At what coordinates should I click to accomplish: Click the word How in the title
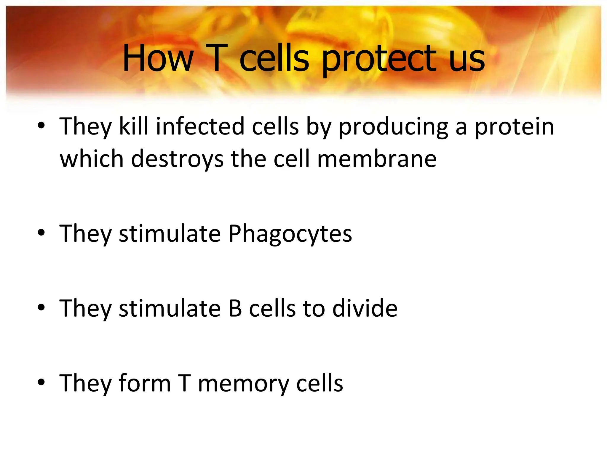pyautogui.click(x=158, y=58)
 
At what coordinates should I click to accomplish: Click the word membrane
pyautogui.click(x=377, y=159)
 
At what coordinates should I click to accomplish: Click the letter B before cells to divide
pyautogui.click(x=235, y=308)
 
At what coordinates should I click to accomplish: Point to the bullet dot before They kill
pyautogui.click(x=41, y=126)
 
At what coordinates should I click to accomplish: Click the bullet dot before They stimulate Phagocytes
pyautogui.click(x=41, y=233)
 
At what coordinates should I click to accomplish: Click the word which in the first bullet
pyautogui.click(x=92, y=159)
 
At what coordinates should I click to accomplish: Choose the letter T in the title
pyautogui.click(x=216, y=58)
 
